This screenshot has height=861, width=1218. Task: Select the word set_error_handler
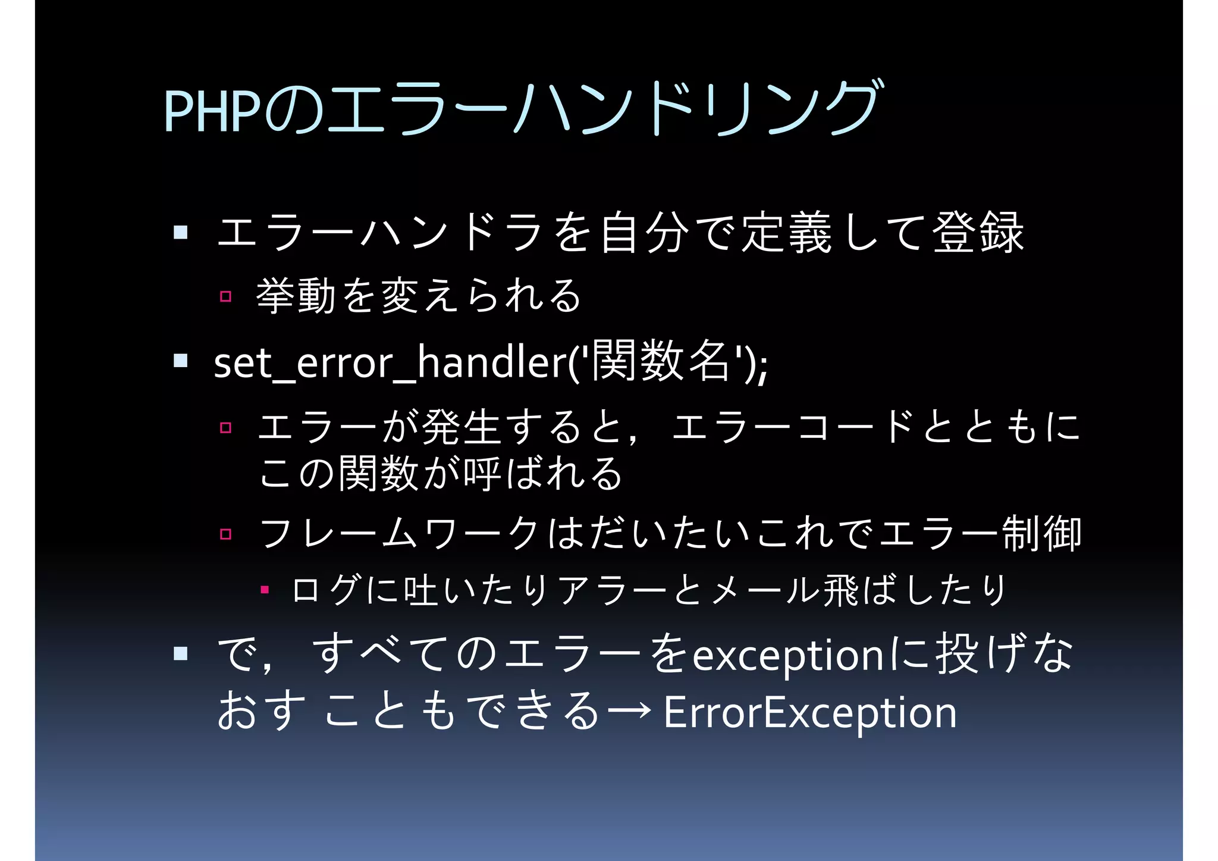(x=389, y=362)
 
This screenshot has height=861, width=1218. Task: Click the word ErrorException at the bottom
(x=809, y=712)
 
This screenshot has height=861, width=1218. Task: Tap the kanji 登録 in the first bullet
(x=978, y=233)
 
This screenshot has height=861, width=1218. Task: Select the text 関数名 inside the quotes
(x=661, y=361)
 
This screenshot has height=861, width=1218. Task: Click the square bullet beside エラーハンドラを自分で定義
(x=181, y=231)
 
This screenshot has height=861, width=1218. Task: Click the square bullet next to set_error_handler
(x=181, y=361)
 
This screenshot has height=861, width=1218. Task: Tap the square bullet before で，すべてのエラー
(x=181, y=654)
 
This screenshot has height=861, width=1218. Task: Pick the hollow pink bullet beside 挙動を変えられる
(x=225, y=296)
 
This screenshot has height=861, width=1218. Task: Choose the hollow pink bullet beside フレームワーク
(x=225, y=534)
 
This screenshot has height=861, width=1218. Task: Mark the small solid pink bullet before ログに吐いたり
(x=265, y=590)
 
